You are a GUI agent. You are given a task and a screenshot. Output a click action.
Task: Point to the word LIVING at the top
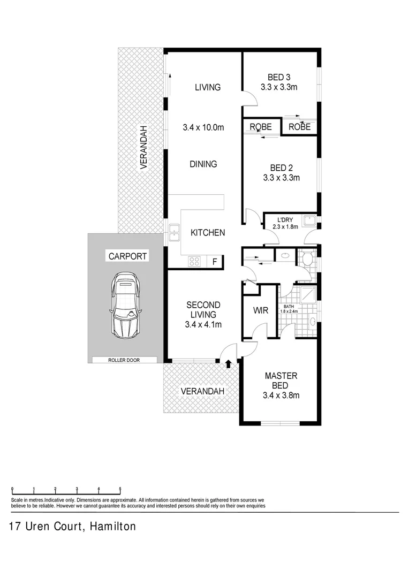pyautogui.click(x=207, y=87)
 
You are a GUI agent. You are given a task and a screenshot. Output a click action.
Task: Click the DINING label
pyautogui.click(x=203, y=164)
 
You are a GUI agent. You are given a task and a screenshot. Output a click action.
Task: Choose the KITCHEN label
pyautogui.click(x=208, y=233)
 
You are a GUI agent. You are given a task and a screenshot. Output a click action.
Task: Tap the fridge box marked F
pyautogui.click(x=215, y=262)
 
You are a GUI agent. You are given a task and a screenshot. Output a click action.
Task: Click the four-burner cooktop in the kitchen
pyautogui.click(x=194, y=262)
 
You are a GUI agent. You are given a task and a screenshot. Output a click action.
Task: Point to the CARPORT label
pyautogui.click(x=127, y=256)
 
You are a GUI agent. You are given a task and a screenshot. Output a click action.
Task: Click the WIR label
pyautogui.click(x=261, y=310)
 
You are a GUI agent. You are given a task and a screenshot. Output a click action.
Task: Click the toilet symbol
pyautogui.click(x=307, y=259)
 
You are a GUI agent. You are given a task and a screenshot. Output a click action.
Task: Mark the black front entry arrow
pyautogui.click(x=229, y=364)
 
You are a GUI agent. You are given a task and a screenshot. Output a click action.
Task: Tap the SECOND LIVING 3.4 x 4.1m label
pyautogui.click(x=203, y=314)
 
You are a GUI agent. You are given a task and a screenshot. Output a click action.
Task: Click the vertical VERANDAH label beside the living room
pyautogui.click(x=143, y=147)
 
